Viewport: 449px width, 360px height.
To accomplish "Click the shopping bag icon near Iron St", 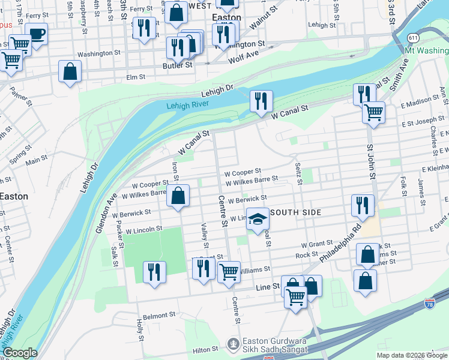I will point(178,196).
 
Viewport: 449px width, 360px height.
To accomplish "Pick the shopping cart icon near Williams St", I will point(229,272).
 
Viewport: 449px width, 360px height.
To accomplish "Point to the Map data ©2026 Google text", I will point(412,355).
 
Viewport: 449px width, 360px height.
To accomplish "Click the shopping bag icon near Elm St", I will point(70,71).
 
